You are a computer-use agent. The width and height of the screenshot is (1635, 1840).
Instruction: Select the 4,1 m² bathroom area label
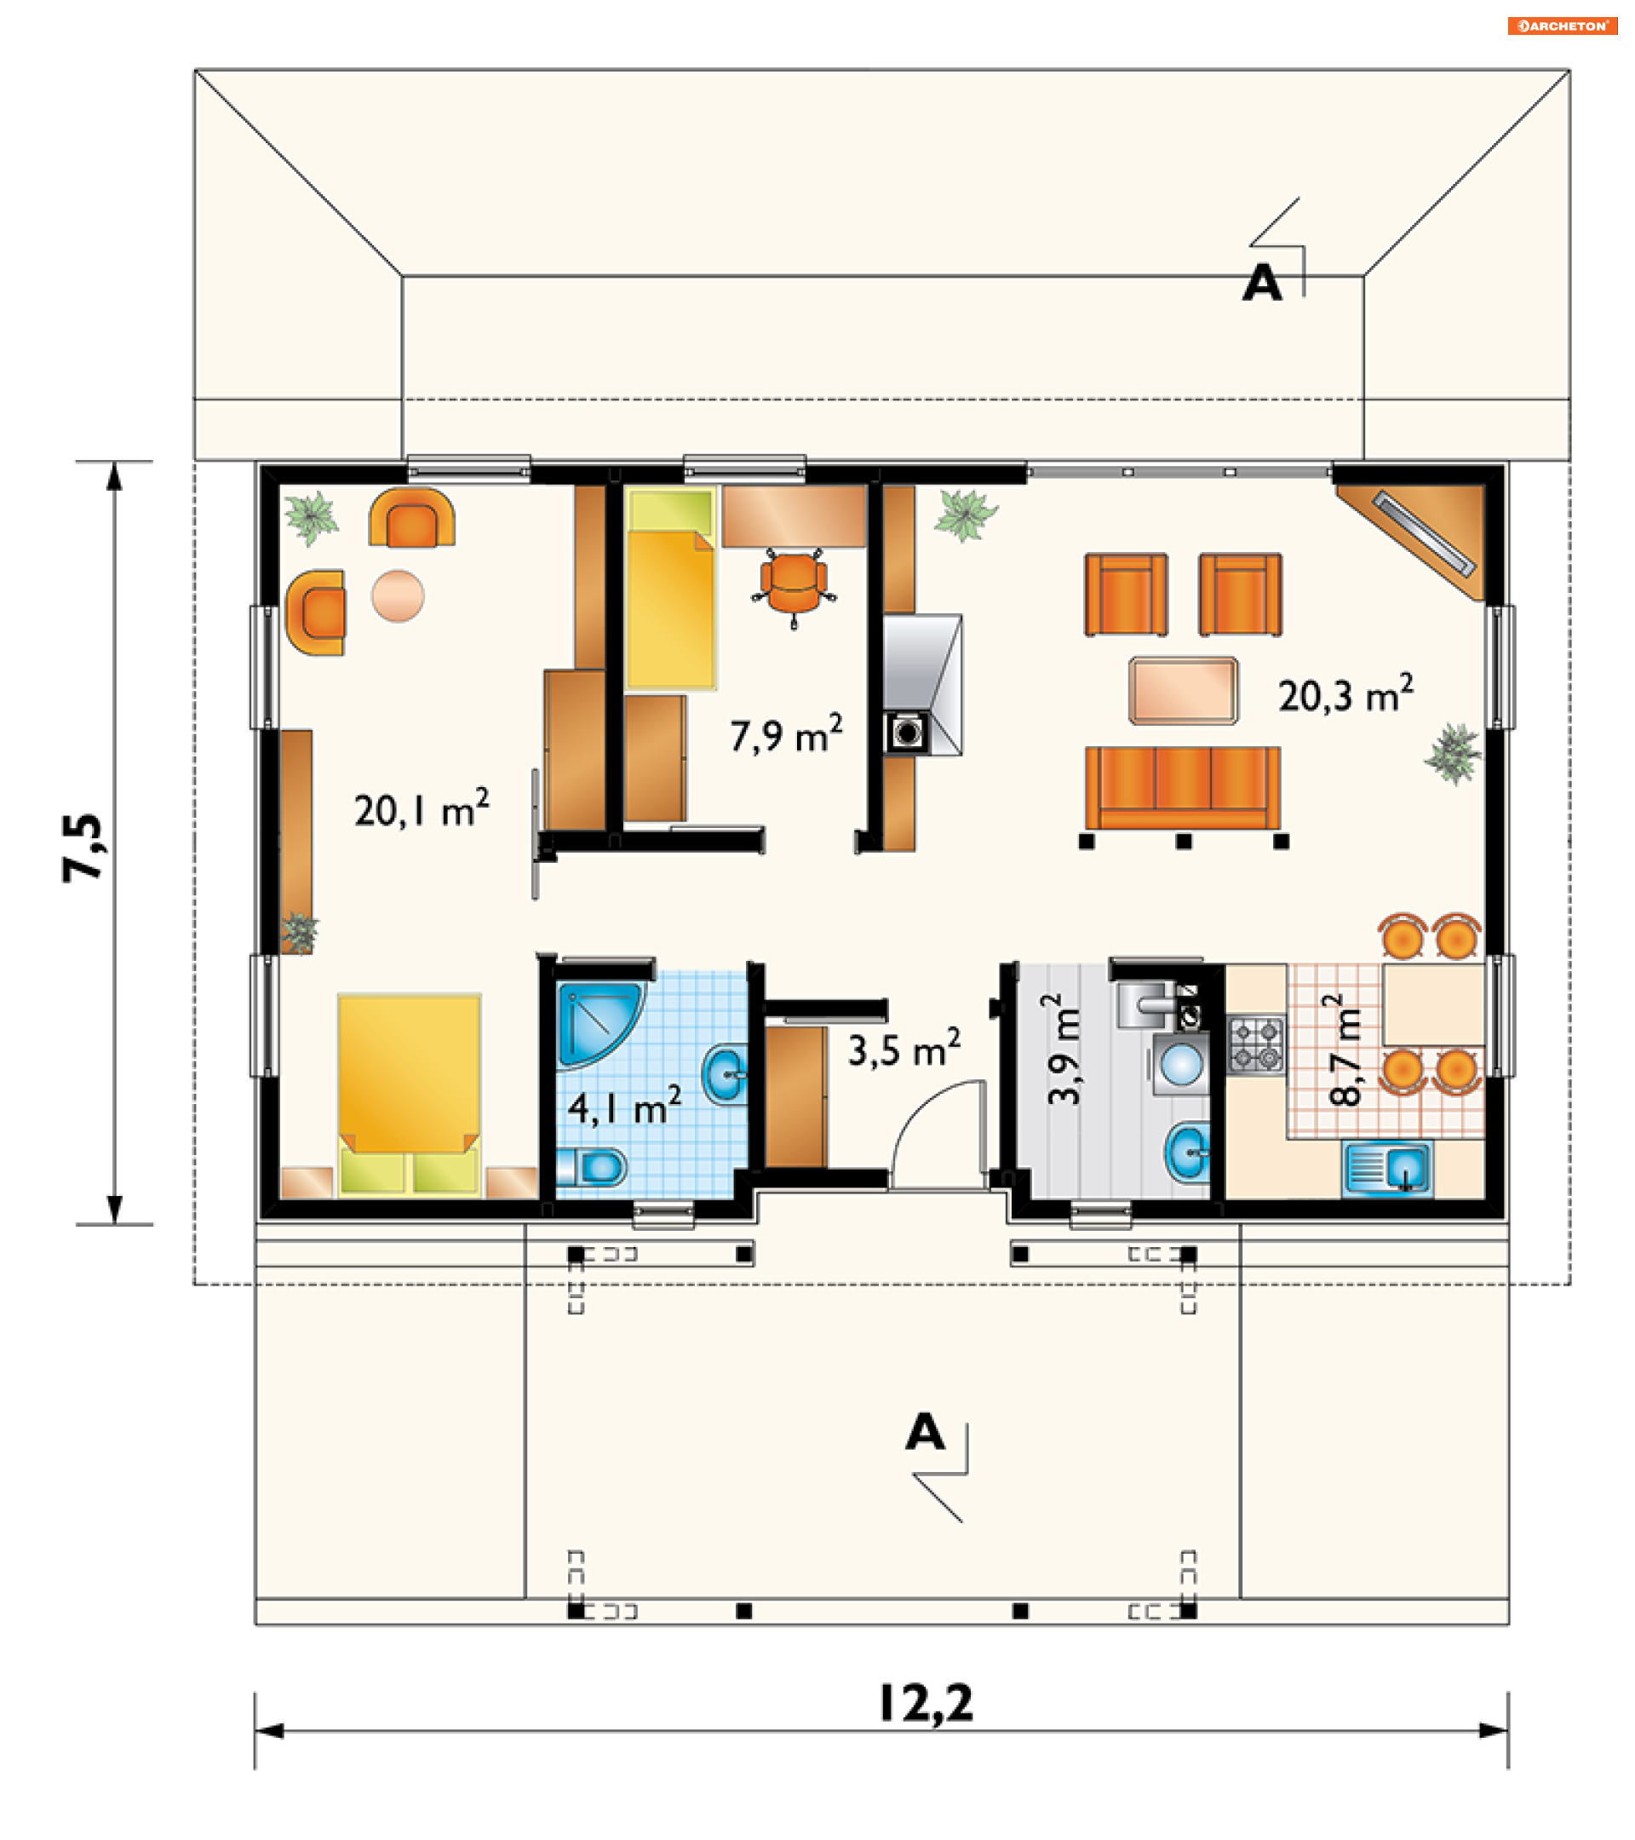pyautogui.click(x=623, y=1105)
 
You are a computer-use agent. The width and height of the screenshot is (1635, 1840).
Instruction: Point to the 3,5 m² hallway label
pyautogui.click(x=904, y=1048)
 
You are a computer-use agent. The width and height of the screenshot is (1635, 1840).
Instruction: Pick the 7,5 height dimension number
pyautogui.click(x=83, y=847)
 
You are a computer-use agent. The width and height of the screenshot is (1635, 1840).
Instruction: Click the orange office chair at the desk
pyautogui.click(x=793, y=586)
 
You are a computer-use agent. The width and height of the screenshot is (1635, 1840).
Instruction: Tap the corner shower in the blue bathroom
pyautogui.click(x=600, y=1025)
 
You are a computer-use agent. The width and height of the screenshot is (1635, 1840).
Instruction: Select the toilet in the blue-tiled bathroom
pyautogui.click(x=591, y=1168)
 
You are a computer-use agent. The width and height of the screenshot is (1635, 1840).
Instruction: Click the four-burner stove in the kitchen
pyautogui.click(x=1256, y=1044)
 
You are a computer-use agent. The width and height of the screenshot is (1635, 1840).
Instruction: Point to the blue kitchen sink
pyautogui.click(x=1386, y=1170)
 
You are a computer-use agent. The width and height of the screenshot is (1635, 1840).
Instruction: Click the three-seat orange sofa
pyautogui.click(x=1182, y=787)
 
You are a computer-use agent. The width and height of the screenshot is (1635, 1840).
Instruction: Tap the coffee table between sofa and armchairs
pyautogui.click(x=1184, y=691)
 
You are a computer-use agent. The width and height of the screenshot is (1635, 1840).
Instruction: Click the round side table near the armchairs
pyautogui.click(x=398, y=596)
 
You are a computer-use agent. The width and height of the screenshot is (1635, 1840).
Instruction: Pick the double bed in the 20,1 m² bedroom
pyautogui.click(x=410, y=1095)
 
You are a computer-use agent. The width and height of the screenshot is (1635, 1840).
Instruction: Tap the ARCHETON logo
pyautogui.click(x=1562, y=26)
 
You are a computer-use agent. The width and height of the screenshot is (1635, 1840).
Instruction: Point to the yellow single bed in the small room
pyautogui.click(x=671, y=589)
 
